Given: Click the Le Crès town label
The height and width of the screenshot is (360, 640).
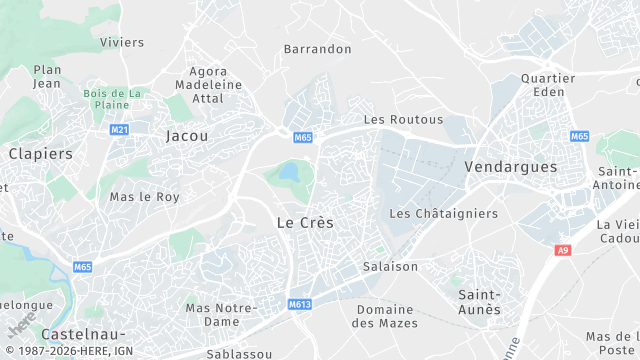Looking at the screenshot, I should [x=304, y=222].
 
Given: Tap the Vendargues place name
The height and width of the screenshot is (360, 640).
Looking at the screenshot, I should [x=511, y=167].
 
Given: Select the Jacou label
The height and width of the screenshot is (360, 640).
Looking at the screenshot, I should [x=187, y=135].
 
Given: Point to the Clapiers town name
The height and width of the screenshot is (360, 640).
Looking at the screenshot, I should [x=41, y=154].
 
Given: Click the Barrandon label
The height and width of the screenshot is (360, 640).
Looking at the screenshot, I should [x=318, y=48].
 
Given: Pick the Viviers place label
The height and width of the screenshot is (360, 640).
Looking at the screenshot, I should [x=123, y=42].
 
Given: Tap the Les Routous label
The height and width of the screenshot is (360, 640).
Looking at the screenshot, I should [x=389, y=119].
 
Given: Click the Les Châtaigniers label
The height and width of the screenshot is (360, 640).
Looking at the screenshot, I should [x=443, y=213].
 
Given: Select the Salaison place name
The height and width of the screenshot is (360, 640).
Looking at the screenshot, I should [x=390, y=267].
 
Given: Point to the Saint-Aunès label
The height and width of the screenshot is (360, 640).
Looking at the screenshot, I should [x=479, y=302].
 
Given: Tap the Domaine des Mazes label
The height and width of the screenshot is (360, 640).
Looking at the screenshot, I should [x=387, y=315].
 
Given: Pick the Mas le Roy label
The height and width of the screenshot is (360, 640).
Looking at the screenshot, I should [x=145, y=197].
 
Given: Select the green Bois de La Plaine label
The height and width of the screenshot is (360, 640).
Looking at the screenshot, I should [x=113, y=99].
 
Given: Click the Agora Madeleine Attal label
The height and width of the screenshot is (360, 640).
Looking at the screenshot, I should [x=209, y=85].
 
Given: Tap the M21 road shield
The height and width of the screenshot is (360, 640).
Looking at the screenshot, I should [x=120, y=129].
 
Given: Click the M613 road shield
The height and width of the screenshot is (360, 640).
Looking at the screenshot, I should [x=301, y=304].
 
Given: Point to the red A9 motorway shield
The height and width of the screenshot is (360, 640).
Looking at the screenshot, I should [x=564, y=251].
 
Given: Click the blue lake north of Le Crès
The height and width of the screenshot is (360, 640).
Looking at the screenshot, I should [x=289, y=173].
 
